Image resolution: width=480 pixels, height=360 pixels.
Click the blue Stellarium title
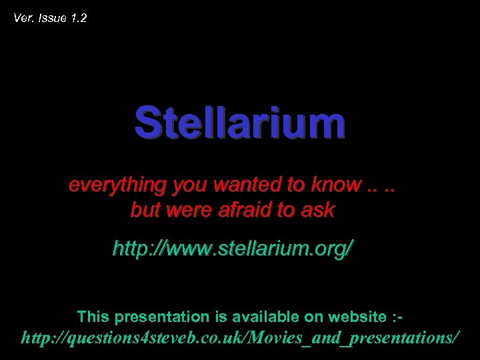coord(240,123)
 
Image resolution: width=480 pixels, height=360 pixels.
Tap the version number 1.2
coord(78,18)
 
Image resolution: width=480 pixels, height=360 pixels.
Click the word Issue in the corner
coord(51,18)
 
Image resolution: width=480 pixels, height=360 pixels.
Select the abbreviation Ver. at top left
coord(24,18)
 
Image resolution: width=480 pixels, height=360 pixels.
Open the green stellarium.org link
coord(233,249)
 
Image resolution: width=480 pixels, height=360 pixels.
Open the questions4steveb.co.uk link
coord(240,338)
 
